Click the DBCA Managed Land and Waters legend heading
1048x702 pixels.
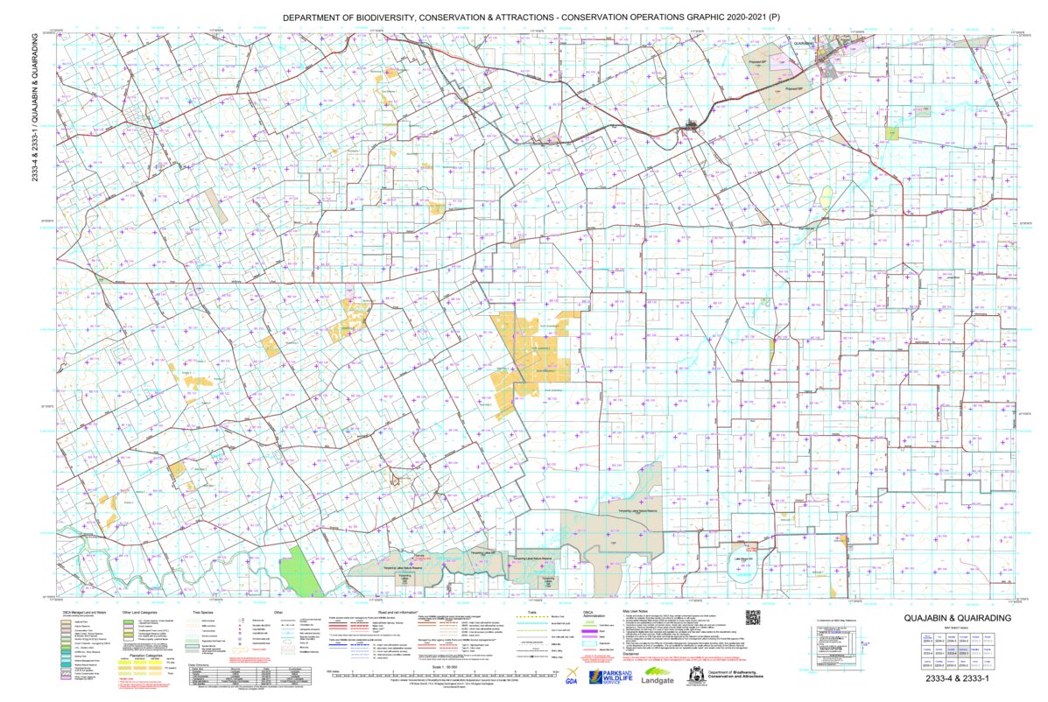click(x=83, y=613)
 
